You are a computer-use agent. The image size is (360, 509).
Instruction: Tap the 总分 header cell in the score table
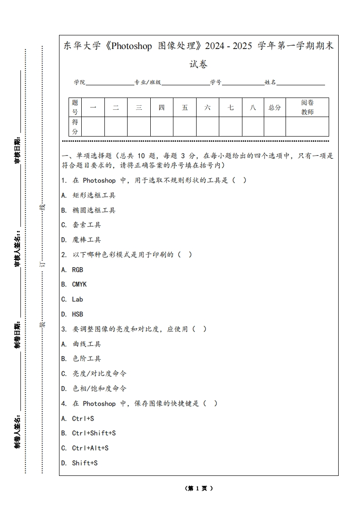275,108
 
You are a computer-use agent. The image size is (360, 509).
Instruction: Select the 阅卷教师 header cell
307,108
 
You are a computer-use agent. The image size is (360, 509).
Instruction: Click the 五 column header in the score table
185,108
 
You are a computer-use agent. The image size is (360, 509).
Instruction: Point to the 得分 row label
75,127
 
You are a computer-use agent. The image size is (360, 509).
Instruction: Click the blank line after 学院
109,83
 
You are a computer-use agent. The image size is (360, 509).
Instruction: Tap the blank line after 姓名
301,83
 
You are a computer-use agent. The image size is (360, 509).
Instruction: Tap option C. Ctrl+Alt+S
85,448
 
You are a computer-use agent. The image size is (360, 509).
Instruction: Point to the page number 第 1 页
199,489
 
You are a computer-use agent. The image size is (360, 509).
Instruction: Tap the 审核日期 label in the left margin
18,149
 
